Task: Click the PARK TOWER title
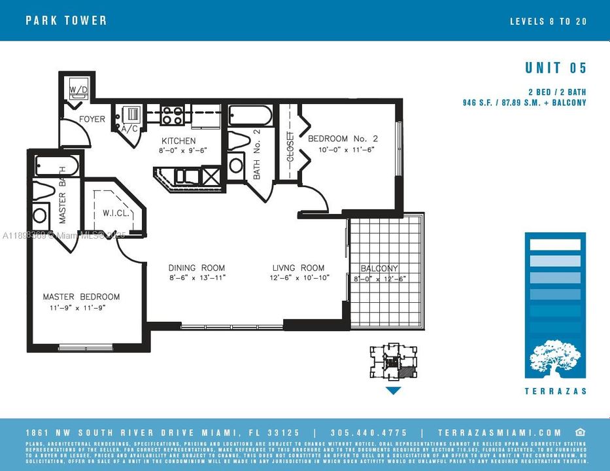point(66,20)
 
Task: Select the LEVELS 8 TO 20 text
point(548,21)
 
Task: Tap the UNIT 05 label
point(556,68)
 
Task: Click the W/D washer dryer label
point(78,89)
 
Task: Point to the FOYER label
point(92,119)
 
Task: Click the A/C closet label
point(129,129)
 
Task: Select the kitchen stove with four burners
point(173,116)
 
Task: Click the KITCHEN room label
point(178,141)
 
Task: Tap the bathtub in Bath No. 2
point(250,116)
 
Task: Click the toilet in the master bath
point(43,192)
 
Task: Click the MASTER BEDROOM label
point(81,297)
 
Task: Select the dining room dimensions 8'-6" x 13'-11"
point(196,277)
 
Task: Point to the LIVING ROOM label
point(298,268)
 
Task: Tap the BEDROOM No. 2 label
point(343,139)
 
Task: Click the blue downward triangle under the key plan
point(392,391)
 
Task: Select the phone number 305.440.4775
point(369,432)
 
